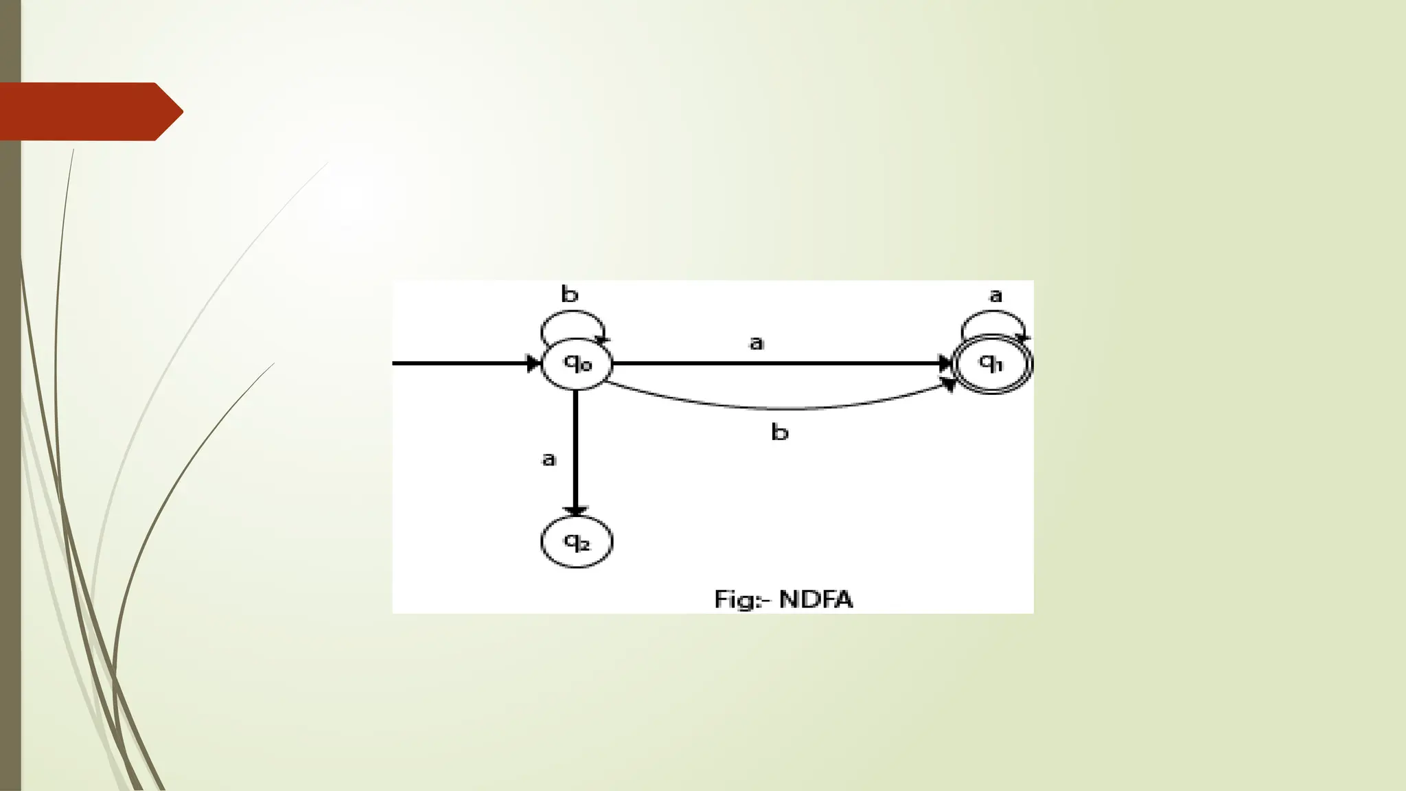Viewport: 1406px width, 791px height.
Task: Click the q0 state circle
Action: tap(577, 364)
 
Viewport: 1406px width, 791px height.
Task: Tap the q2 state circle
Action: tap(577, 542)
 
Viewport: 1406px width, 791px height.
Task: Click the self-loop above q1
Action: tap(993, 314)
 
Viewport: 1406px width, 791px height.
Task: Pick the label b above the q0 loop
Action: tap(570, 295)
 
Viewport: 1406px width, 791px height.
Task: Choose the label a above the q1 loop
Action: tap(995, 296)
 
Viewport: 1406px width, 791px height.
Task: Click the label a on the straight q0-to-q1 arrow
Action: tap(756, 343)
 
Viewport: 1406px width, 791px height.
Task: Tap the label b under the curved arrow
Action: tap(780, 433)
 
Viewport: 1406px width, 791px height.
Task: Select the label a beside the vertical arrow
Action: tap(549, 459)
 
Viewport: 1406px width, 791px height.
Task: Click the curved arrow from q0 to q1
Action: tap(776, 407)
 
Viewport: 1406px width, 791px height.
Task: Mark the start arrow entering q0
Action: tap(460, 363)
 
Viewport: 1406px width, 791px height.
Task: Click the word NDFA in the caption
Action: tap(816, 599)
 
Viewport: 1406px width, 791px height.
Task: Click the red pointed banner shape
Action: tap(89, 111)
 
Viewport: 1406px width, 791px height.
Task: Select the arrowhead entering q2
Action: tap(575, 512)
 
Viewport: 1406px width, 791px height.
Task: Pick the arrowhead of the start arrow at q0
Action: tap(533, 363)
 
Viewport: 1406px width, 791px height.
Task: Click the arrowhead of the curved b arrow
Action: tap(949, 385)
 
